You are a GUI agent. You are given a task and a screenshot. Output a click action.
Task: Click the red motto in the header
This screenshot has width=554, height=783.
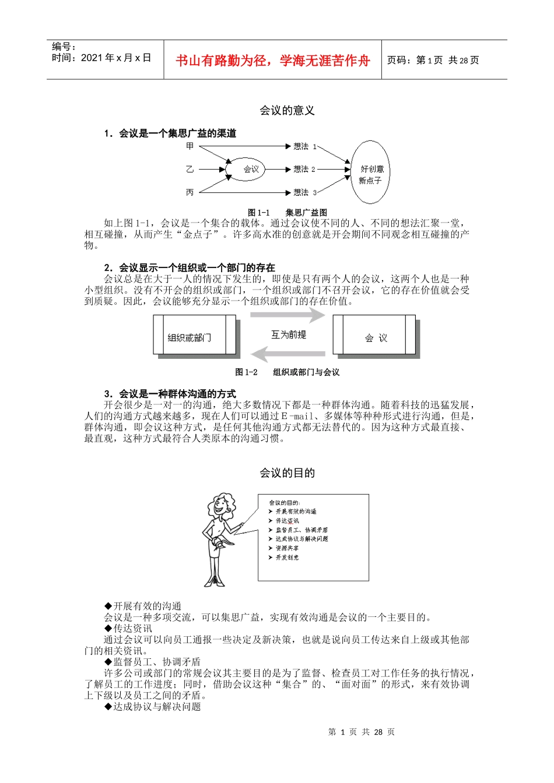272,61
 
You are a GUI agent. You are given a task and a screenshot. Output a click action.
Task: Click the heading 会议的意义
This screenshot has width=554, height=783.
287,111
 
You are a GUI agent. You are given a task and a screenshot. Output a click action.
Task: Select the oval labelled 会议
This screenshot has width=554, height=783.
251,169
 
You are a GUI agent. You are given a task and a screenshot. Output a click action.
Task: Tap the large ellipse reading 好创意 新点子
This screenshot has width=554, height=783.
370,172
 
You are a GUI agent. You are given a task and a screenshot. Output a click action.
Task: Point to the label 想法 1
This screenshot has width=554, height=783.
304,146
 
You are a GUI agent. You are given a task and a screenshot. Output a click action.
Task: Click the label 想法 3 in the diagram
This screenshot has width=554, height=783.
304,192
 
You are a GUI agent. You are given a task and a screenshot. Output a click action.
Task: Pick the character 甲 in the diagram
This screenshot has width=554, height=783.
190,146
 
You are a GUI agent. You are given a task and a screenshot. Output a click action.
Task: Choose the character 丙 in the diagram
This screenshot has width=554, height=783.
190,192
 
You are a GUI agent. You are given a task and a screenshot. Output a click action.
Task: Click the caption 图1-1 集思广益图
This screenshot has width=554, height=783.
287,213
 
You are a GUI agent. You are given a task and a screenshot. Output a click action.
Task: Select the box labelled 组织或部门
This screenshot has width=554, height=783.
195,336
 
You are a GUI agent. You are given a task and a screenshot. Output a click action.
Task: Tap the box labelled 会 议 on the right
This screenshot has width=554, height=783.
374,336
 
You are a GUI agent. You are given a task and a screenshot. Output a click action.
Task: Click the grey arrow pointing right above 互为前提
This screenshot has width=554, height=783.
287,316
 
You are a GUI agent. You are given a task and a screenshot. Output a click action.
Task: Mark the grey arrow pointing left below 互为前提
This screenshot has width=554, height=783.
287,354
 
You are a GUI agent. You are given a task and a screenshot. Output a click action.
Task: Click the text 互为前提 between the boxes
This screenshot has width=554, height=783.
288,334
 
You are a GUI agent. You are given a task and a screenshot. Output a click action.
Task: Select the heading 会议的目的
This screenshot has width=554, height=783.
287,473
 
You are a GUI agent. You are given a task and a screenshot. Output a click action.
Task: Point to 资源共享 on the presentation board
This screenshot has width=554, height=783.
287,548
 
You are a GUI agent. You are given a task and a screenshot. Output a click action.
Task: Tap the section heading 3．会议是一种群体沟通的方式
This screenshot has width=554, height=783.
170,394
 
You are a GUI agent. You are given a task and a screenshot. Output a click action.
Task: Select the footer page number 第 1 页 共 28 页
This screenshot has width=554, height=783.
362,732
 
